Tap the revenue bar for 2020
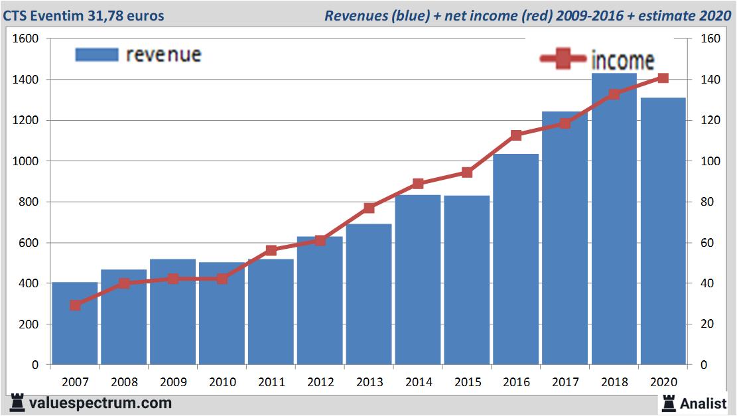point(663,232)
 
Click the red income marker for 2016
point(516,135)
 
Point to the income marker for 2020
point(663,78)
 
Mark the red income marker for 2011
point(271,250)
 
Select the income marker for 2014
point(418,184)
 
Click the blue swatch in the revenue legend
point(96,54)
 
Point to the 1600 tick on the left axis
point(25,38)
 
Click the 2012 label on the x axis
point(320,382)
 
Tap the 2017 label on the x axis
point(565,382)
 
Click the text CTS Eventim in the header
point(43,15)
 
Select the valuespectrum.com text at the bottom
point(100,403)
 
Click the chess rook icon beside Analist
point(668,402)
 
